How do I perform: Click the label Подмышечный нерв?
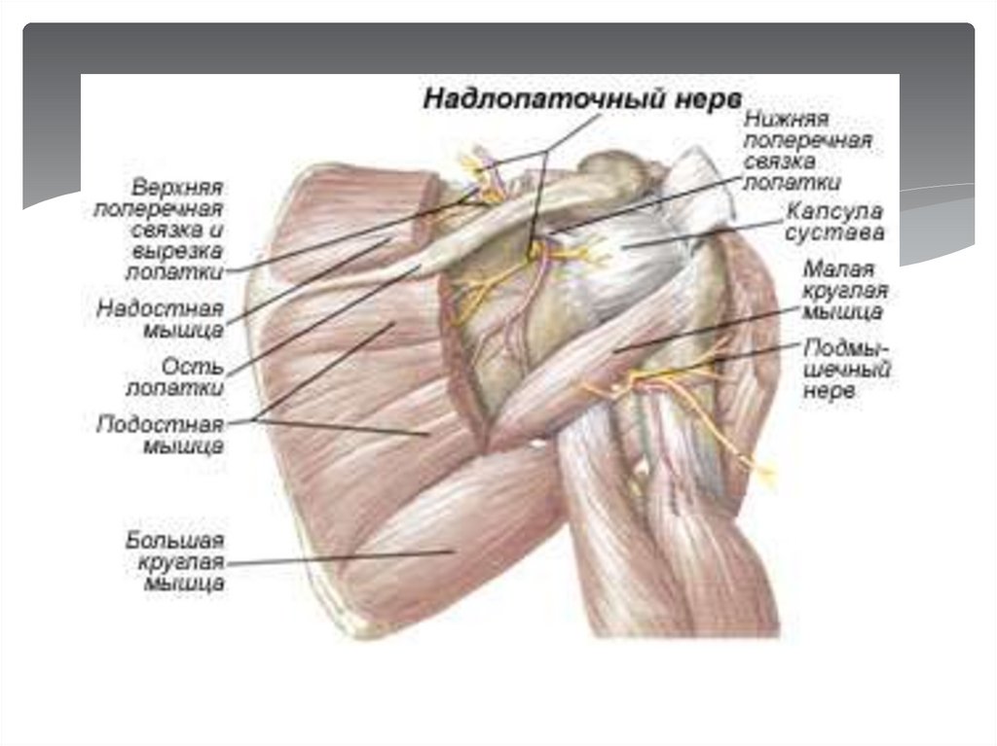(847, 369)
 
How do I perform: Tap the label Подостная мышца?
(161, 436)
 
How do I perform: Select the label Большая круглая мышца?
(175, 561)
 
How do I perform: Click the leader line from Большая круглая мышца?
(341, 557)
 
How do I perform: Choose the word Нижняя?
(787, 119)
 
